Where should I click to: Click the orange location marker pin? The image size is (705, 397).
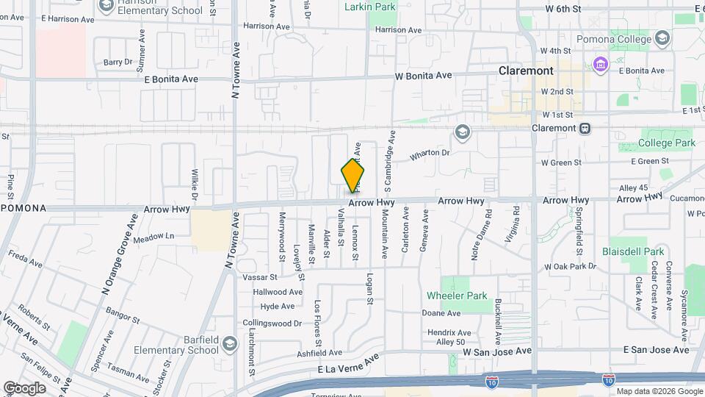coord(352,174)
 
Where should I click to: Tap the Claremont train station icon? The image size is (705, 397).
coord(585,128)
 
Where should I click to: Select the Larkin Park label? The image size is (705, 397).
coord(370,7)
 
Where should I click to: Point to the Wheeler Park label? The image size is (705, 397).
coord(457,296)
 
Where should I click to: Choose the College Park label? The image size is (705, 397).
coord(666,143)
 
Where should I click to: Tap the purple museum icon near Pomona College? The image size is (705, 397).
coord(601,65)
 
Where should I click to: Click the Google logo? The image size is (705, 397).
coord(24,387)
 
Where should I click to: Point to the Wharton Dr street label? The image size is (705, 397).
coord(430,154)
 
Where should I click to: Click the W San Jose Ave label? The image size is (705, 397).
coord(497,351)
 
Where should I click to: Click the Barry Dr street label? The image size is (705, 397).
coord(117,62)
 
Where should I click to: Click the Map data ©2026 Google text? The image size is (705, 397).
coord(659,391)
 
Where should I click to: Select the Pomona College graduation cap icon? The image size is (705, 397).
coord(662,37)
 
